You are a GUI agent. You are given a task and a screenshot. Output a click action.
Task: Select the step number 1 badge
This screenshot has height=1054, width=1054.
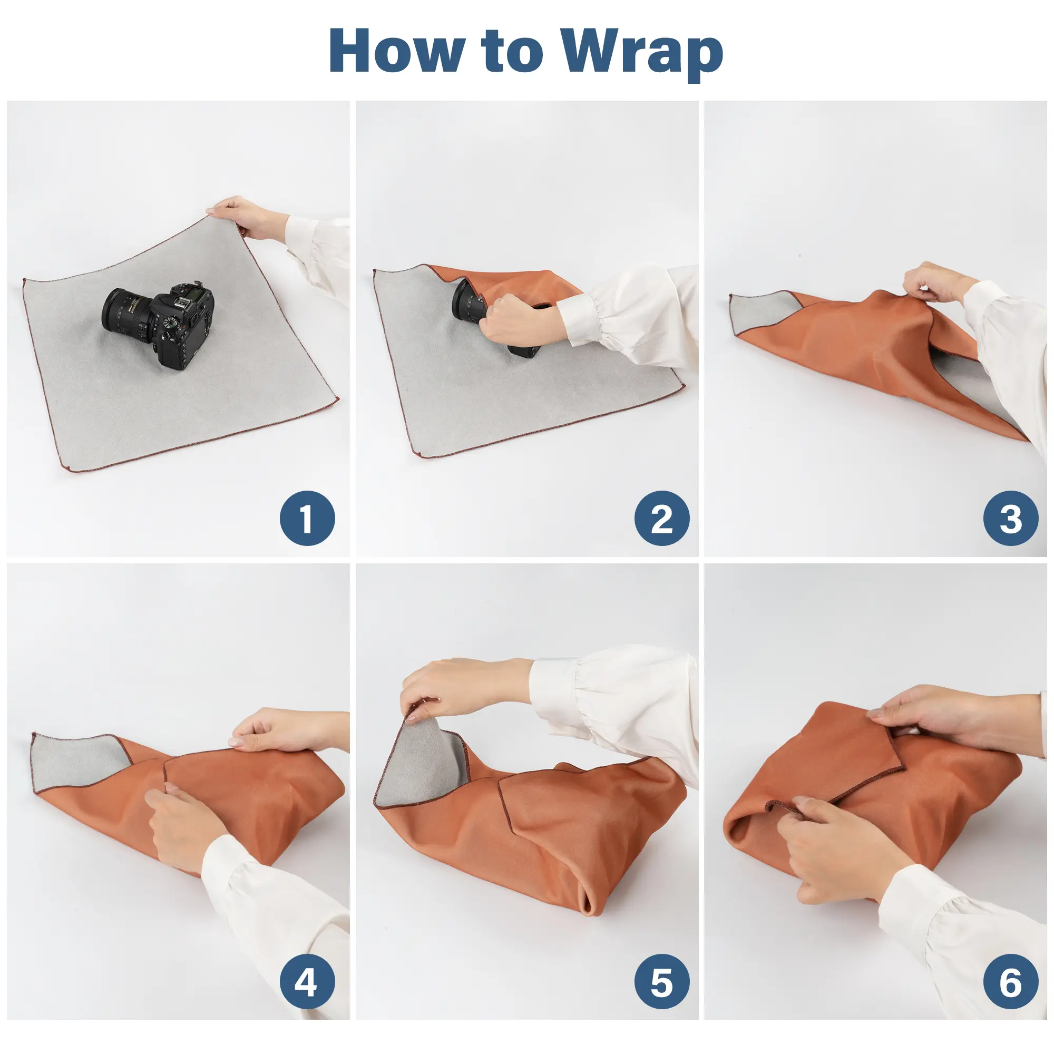point(307,518)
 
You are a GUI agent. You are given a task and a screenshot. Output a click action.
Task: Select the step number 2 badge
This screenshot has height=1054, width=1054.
point(662,518)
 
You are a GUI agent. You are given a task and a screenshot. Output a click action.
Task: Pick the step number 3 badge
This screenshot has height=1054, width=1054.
point(1011,518)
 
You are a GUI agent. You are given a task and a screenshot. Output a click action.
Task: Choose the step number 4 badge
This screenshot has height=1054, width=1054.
point(307,982)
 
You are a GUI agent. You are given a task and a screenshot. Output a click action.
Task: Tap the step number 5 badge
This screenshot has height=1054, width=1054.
point(662,982)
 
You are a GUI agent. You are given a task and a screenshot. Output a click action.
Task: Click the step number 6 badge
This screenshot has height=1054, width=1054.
point(1011,982)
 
